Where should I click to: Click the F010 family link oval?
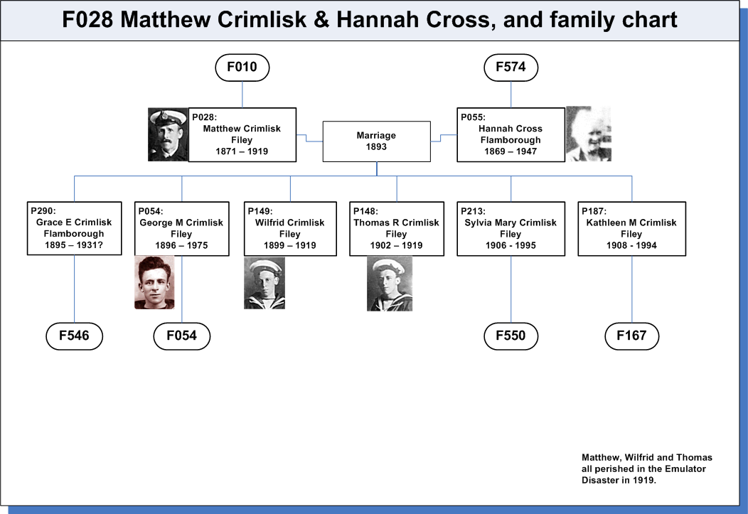(242, 68)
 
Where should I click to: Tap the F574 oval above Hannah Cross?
(511, 68)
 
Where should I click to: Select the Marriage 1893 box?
(376, 141)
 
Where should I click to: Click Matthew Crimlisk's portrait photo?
(168, 134)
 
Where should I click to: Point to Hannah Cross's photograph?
(589, 134)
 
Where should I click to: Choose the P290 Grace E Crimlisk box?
(75, 228)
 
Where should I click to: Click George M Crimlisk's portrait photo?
(154, 282)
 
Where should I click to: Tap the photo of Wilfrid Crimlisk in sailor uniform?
(265, 283)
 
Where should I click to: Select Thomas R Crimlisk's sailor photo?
(389, 284)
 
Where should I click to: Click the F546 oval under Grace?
(74, 336)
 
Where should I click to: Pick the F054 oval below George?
(182, 336)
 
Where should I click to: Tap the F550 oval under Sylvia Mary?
(511, 336)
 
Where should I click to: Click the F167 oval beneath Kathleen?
(631, 336)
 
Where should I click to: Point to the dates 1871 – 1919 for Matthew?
(242, 151)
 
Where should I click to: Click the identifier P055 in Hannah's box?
(472, 117)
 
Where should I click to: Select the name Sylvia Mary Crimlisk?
(511, 223)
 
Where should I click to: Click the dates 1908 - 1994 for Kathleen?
(631, 245)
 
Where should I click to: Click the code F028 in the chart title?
(87, 20)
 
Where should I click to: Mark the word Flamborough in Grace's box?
(74, 234)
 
